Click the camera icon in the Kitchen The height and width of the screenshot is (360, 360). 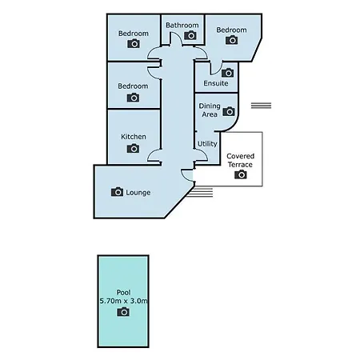pos(133,148)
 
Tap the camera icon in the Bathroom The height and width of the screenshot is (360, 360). pos(190,35)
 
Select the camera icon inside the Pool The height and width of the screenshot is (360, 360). pos(123,311)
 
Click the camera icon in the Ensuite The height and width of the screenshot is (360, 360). pos(228,73)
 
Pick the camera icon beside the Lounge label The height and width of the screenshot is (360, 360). pos(117,191)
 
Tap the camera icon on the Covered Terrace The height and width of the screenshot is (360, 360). pos(241,174)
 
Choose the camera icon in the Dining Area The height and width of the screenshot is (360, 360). pos(229,111)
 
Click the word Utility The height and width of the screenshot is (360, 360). pos(207,144)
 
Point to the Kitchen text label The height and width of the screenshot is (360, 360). pos(134,137)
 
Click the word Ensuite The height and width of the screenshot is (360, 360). pos(216,83)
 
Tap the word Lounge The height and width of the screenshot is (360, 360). pos(138,193)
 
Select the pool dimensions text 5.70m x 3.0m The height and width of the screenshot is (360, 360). pos(123,301)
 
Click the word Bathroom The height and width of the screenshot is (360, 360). pos(182,25)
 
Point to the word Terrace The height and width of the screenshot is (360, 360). pos(240,165)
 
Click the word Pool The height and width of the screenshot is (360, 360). pos(123,292)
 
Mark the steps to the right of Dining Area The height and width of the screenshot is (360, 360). pos(261,106)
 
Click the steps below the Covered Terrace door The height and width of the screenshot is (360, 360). pos(199,193)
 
